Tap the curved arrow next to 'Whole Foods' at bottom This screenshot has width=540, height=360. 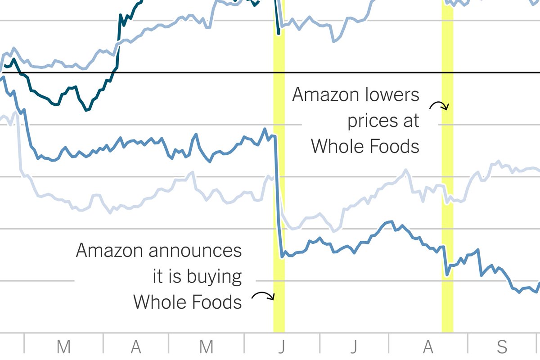coord(263,296)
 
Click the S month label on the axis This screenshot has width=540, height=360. coord(502,347)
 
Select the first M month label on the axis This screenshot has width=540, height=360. coord(63,347)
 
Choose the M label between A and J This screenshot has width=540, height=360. coord(206,347)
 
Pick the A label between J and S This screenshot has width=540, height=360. coord(428,347)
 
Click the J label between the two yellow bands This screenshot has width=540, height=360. coord(354,347)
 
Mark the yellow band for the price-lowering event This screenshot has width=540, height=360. coord(447,225)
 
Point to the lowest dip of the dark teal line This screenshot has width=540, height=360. coord(87,109)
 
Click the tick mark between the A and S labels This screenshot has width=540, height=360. coord(468,343)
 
